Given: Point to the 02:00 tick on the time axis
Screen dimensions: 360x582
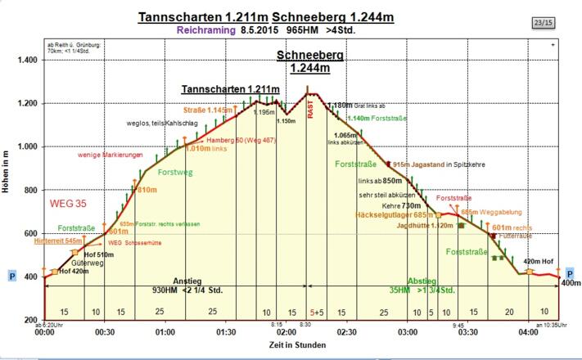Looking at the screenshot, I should click(286, 332).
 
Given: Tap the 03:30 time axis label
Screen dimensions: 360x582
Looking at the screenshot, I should click(468, 332).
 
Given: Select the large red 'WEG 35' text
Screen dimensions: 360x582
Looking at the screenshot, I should click(69, 202).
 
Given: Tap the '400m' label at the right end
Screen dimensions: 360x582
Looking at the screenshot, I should click(571, 284).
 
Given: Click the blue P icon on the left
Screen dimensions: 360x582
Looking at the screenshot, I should click(11, 276).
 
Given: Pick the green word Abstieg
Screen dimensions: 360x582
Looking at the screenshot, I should click(422, 279).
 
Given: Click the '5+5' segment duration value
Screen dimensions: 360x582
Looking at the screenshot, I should click(317, 312).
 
